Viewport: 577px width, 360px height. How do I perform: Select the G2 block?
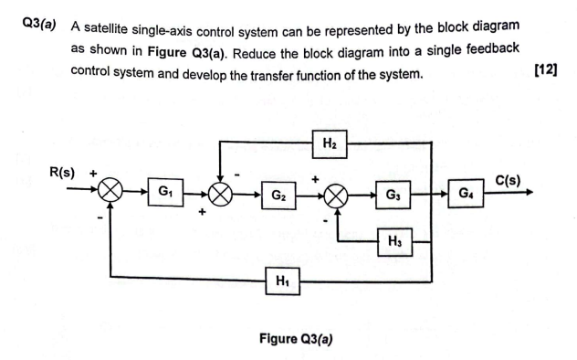[x=280, y=194]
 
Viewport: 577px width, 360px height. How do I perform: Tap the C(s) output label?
[x=508, y=179]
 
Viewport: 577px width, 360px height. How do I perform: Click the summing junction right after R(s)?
[x=111, y=193]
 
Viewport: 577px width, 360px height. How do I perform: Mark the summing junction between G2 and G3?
[x=337, y=194]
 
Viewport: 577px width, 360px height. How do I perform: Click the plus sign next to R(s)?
[x=93, y=172]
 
